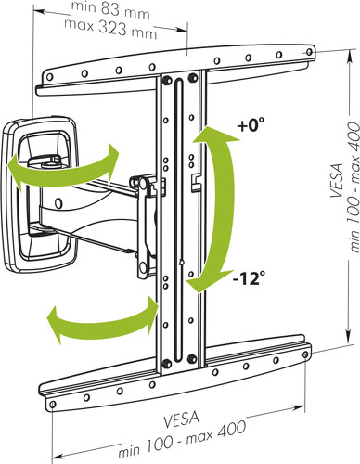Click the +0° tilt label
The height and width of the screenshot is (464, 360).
tap(251, 125)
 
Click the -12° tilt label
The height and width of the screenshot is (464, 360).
tap(250, 278)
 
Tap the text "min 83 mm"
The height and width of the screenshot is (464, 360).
tap(110, 10)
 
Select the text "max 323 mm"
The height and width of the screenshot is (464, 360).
tap(110, 29)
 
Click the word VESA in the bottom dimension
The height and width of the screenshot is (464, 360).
tap(181, 419)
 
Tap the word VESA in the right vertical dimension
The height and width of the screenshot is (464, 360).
tap(337, 180)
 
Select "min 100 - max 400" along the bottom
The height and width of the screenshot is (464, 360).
tap(183, 439)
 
